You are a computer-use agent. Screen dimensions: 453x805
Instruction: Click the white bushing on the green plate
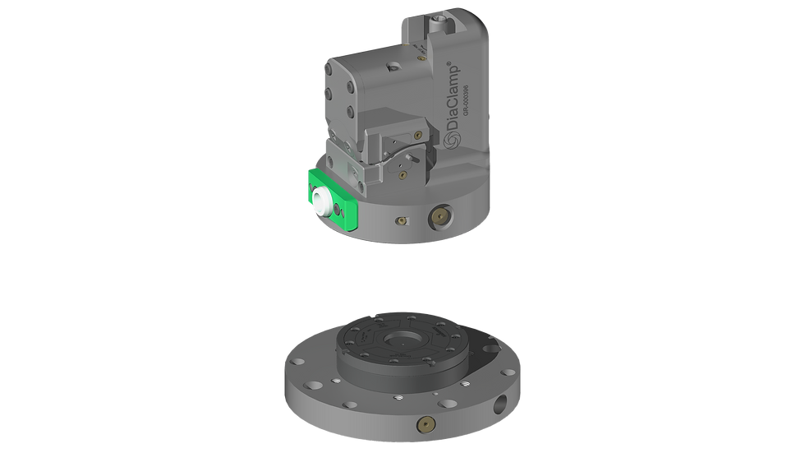[x=319, y=196]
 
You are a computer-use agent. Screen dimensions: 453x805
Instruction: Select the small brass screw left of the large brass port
[x=400, y=220]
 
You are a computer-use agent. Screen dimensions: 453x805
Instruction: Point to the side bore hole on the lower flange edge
[x=501, y=405]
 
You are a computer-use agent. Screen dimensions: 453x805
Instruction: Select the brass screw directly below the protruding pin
[x=402, y=173]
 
